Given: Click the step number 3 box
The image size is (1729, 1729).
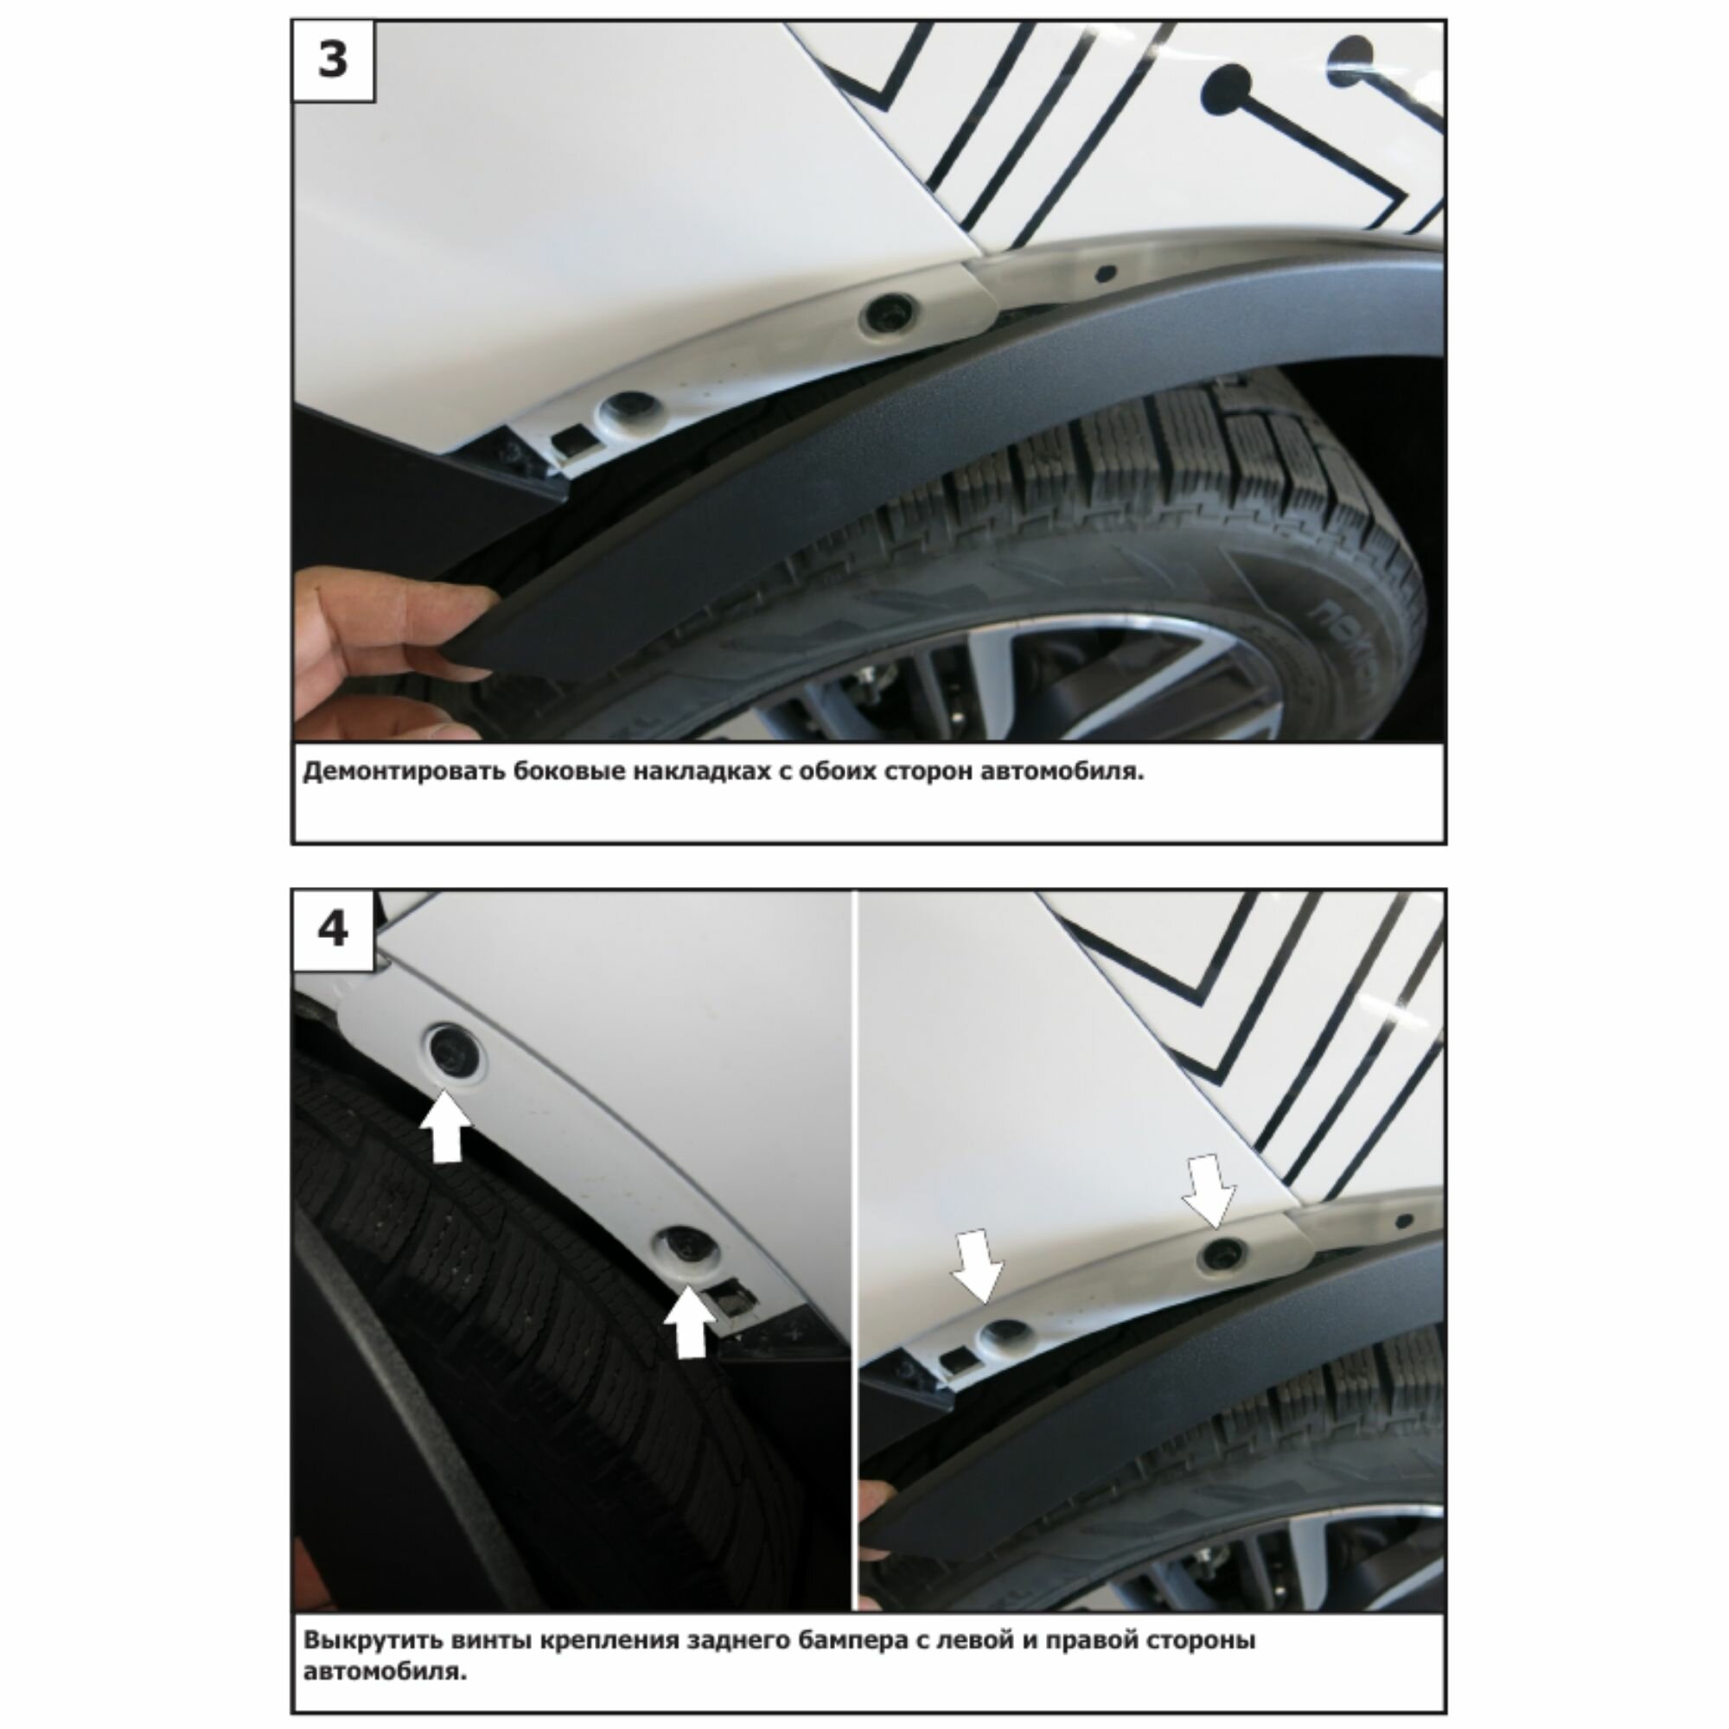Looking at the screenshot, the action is [333, 61].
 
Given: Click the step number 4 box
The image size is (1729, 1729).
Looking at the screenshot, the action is [333, 930].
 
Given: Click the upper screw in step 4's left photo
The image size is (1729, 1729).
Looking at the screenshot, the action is [452, 1050].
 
